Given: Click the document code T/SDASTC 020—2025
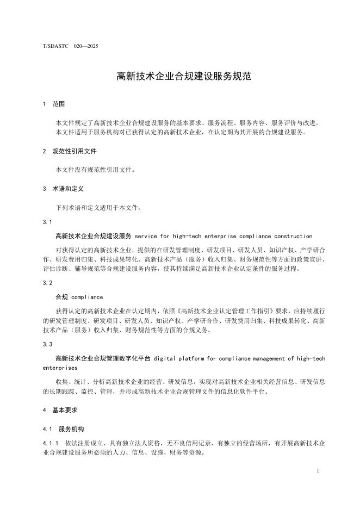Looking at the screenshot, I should click(71, 46).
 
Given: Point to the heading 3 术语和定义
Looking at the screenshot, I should click(62, 189).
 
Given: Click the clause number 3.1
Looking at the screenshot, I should click(47, 222).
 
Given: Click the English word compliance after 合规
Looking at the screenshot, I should click(87, 297).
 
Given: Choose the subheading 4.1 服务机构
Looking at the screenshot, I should click(64, 429).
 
